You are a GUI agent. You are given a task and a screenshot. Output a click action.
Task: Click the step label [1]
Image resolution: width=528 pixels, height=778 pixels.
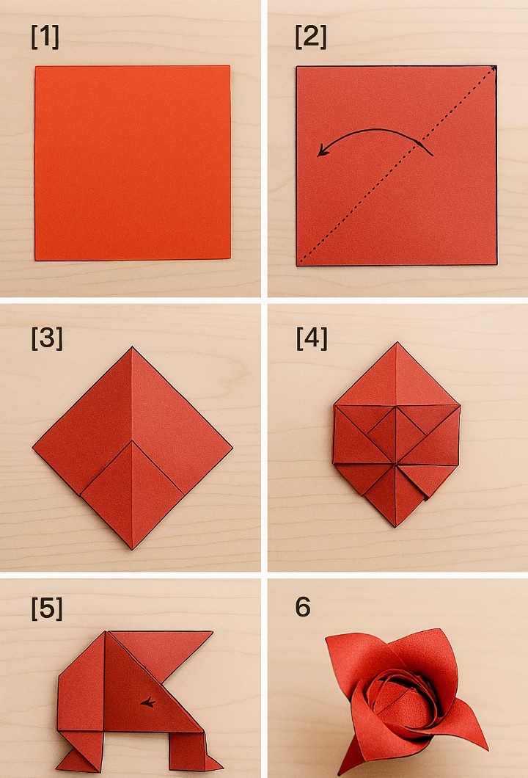45,37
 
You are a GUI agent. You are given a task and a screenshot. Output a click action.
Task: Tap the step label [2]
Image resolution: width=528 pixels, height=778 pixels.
311,37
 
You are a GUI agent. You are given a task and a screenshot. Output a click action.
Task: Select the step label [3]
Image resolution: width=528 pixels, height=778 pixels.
47,338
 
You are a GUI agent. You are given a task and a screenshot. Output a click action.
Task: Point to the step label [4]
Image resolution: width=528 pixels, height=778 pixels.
312,338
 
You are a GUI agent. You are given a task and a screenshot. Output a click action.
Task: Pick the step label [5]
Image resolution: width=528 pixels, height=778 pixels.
47,608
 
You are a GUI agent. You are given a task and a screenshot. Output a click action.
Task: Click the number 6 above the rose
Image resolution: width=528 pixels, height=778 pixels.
303,607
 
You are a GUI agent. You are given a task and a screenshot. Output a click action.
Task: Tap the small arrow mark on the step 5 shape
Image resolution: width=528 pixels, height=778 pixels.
147,702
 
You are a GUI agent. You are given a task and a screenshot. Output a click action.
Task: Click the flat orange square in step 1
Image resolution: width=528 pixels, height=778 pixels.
133,163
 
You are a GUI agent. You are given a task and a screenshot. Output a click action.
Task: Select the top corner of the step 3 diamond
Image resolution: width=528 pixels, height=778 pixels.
132,347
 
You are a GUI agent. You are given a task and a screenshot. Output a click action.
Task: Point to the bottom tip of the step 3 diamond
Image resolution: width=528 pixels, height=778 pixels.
132,549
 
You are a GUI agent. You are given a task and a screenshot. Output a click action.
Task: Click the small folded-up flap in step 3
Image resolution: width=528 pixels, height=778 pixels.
133,494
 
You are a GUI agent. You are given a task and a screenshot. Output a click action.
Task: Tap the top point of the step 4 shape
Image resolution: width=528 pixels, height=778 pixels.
397,342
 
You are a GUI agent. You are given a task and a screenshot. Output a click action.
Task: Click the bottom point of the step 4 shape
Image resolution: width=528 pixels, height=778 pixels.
395,527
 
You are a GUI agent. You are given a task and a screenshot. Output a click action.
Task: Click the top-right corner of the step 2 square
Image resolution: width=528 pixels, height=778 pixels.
495,67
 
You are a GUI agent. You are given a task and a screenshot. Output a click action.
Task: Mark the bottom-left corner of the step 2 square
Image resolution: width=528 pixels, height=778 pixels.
298,265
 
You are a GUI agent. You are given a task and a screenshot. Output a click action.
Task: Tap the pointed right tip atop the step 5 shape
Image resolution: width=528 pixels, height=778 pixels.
213,632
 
